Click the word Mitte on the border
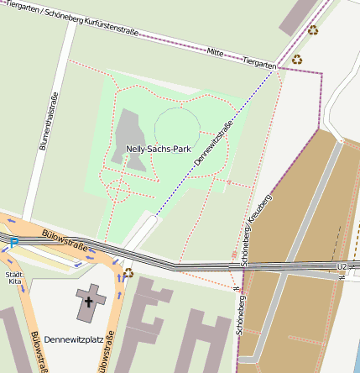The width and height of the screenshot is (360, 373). (x=215, y=52)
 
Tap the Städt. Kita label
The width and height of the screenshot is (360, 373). (x=14, y=279)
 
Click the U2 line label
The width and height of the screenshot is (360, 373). (x=341, y=267)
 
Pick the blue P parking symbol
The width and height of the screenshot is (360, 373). (x=13, y=243)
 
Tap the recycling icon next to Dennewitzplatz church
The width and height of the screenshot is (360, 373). (x=128, y=272)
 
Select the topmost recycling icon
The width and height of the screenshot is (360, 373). (x=313, y=30)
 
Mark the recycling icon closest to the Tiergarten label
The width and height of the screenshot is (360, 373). (x=296, y=59)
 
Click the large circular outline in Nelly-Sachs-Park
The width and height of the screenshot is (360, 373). (x=177, y=128)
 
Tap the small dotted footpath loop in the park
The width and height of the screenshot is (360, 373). (x=118, y=191)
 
